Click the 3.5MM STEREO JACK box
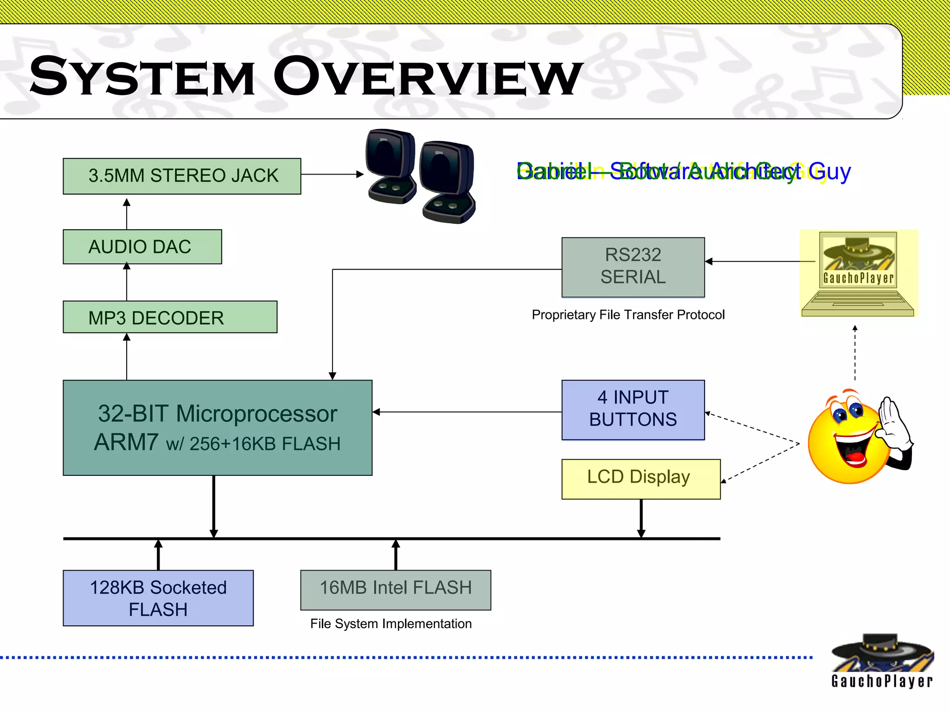pyautogui.click(x=182, y=176)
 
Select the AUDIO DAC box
pyautogui.click(x=142, y=246)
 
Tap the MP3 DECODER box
pyautogui.click(x=170, y=317)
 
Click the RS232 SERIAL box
pyautogui.click(x=633, y=267)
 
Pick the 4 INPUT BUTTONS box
pyautogui.click(x=633, y=409)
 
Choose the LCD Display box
pyautogui.click(x=640, y=479)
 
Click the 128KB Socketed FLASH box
pyautogui.click(x=158, y=598)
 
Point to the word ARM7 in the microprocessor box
pyautogui.click(x=126, y=442)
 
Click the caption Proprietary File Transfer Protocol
pyautogui.click(x=628, y=315)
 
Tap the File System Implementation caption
pyautogui.click(x=391, y=623)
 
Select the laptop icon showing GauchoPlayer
pyautogui.click(x=858, y=274)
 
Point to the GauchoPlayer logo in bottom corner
pyautogui.click(x=881, y=661)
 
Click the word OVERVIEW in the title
pyautogui.click(x=427, y=77)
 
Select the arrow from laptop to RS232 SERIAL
pyautogui.click(x=761, y=261)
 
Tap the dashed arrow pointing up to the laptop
pyautogui.click(x=855, y=353)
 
